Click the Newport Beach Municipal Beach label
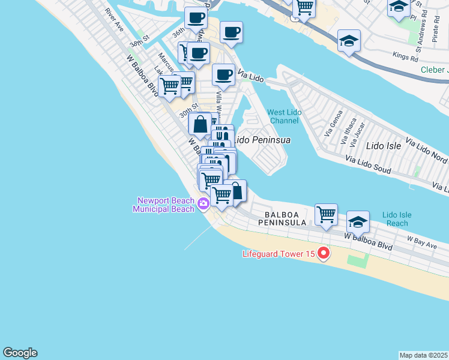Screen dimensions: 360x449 pos(166,205)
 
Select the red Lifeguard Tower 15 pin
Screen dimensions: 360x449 pos(324,253)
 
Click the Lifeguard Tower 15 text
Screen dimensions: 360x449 pos(279,254)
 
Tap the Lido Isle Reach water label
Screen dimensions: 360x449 pos(397,219)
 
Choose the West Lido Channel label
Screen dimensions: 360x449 pos(283,116)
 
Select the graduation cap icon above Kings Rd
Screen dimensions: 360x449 pos(349,41)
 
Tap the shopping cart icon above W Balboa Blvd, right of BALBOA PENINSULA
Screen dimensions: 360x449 pos(326,214)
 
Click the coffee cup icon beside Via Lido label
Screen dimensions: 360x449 pos(223,74)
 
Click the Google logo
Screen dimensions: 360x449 pos(20,353)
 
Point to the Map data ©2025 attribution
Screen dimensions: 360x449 pos(424,355)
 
